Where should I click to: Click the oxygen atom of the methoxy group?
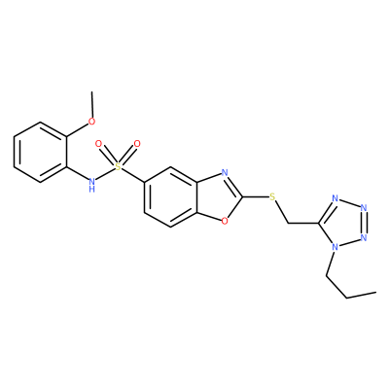click(x=92, y=122)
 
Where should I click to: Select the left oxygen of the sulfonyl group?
click(x=98, y=144)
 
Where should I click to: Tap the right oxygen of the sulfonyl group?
click(x=137, y=144)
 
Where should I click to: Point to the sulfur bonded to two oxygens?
click(x=118, y=167)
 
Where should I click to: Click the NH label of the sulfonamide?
click(x=92, y=184)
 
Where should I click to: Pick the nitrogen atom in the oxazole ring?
click(x=225, y=172)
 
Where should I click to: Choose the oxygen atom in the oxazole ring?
click(x=225, y=221)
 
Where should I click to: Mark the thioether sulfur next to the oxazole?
click(x=272, y=196)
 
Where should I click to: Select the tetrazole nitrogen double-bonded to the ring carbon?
click(x=336, y=198)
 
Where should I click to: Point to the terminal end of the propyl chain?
click(x=375, y=292)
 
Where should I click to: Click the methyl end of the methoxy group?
click(x=92, y=91)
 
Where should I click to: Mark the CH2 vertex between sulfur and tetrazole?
click(x=288, y=223)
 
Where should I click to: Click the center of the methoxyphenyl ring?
click(x=41, y=152)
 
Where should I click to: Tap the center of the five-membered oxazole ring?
click(x=218, y=196)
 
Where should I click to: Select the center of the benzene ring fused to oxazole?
click(x=171, y=196)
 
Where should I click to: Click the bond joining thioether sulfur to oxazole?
click(x=256, y=196)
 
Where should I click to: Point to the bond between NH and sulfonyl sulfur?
click(x=105, y=173)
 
